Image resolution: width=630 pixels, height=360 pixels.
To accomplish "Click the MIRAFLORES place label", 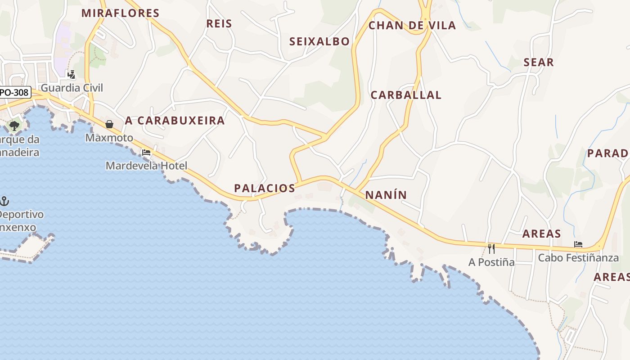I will click(120, 13).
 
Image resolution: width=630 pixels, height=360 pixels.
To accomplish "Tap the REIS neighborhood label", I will click(219, 23).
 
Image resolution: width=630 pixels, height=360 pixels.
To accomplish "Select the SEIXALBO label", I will click(319, 41).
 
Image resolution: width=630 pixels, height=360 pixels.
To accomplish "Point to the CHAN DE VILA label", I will click(412, 25).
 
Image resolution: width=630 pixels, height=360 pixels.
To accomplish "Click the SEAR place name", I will click(539, 63).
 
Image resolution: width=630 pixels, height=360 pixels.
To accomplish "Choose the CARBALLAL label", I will click(406, 95).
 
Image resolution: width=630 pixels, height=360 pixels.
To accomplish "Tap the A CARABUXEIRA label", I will click(175, 120).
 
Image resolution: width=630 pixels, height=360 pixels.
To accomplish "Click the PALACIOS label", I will click(265, 188).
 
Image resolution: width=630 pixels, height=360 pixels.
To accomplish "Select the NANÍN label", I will click(386, 195).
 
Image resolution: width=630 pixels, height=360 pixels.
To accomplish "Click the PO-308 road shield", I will click(14, 93).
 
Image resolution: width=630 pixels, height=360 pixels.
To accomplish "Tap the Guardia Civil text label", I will click(72, 88).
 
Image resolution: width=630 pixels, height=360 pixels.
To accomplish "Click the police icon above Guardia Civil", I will click(71, 74).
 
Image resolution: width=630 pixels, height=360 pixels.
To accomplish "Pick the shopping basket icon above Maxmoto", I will click(109, 124).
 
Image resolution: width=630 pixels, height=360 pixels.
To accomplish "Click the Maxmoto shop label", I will click(109, 138).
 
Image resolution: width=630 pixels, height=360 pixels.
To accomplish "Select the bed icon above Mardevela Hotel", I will click(146, 153).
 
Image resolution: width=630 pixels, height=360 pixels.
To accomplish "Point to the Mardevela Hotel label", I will click(146, 166).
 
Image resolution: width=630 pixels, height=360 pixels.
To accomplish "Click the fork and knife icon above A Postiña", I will click(491, 248).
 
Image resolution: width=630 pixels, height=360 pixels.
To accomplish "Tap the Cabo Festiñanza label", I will click(578, 258).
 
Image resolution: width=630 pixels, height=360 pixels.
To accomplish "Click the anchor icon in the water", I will click(4, 201).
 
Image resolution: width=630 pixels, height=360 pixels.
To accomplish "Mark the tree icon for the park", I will click(14, 126).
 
